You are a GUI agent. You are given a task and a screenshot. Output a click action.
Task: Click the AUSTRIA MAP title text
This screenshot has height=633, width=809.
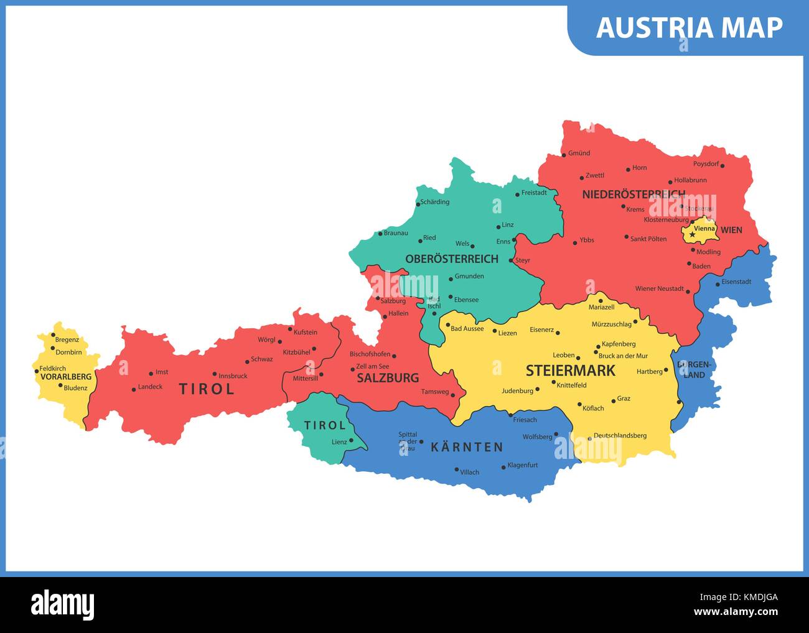click(689, 28)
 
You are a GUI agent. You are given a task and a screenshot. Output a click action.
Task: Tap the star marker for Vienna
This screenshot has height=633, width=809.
click(692, 234)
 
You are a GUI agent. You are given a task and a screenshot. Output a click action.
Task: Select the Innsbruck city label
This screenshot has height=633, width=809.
click(233, 376)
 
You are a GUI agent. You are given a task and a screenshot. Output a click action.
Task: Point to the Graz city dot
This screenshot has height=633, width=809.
click(613, 401)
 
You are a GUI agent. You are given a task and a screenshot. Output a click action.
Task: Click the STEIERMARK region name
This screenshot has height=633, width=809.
click(570, 371)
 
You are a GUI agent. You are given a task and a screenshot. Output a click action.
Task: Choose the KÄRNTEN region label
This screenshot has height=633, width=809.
click(467, 447)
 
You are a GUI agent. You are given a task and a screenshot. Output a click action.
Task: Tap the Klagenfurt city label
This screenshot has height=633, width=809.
click(522, 465)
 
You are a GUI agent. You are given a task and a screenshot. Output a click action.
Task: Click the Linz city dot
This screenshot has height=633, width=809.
click(498, 227)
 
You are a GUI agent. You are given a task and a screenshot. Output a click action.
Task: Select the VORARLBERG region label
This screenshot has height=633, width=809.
click(65, 377)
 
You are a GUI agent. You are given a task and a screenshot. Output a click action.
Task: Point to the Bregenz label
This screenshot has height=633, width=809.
click(67, 340)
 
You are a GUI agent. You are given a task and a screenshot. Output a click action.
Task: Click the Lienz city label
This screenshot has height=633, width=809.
click(339, 442)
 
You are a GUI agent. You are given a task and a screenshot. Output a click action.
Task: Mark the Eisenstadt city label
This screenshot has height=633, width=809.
click(736, 282)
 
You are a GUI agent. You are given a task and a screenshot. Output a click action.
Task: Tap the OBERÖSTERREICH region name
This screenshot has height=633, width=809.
click(452, 259)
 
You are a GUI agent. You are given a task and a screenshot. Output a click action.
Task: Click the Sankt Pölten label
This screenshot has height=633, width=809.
click(648, 239)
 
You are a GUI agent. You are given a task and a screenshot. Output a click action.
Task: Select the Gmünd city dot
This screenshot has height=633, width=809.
click(564, 155)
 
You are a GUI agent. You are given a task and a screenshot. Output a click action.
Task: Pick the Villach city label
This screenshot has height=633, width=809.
click(469, 472)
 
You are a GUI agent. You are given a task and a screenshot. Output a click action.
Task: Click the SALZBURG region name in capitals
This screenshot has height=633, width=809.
click(388, 378)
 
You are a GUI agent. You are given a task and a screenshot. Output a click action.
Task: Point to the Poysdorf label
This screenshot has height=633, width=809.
click(706, 164)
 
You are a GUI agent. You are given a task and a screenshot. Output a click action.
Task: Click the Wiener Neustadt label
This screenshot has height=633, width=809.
click(659, 289)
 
